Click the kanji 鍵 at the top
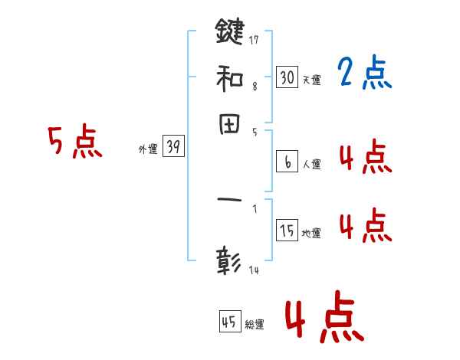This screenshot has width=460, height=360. click(x=230, y=33)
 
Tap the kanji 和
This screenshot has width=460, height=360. click(x=230, y=77)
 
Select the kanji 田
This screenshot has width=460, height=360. click(x=230, y=127)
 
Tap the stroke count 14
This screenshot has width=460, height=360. click(x=253, y=270)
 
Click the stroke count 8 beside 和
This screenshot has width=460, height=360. click(x=255, y=86)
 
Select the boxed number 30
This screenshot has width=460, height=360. click(x=287, y=77)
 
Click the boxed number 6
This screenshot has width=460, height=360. click(x=287, y=162)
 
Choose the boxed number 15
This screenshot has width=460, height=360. click(x=287, y=231)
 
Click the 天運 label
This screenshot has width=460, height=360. click(x=311, y=80)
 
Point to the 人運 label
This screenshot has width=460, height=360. click(x=311, y=164)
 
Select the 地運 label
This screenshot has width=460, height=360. click(x=311, y=233)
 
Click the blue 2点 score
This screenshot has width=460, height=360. click(x=364, y=73)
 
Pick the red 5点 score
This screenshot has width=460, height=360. click(x=75, y=142)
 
